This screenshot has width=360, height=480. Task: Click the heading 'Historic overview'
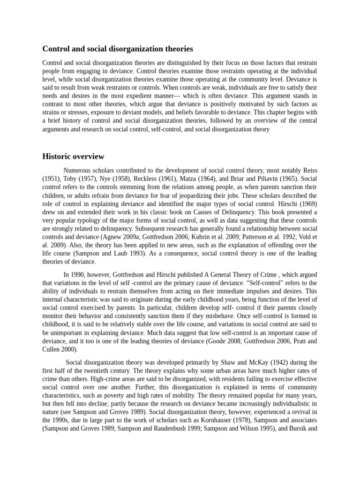tap(73, 157)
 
